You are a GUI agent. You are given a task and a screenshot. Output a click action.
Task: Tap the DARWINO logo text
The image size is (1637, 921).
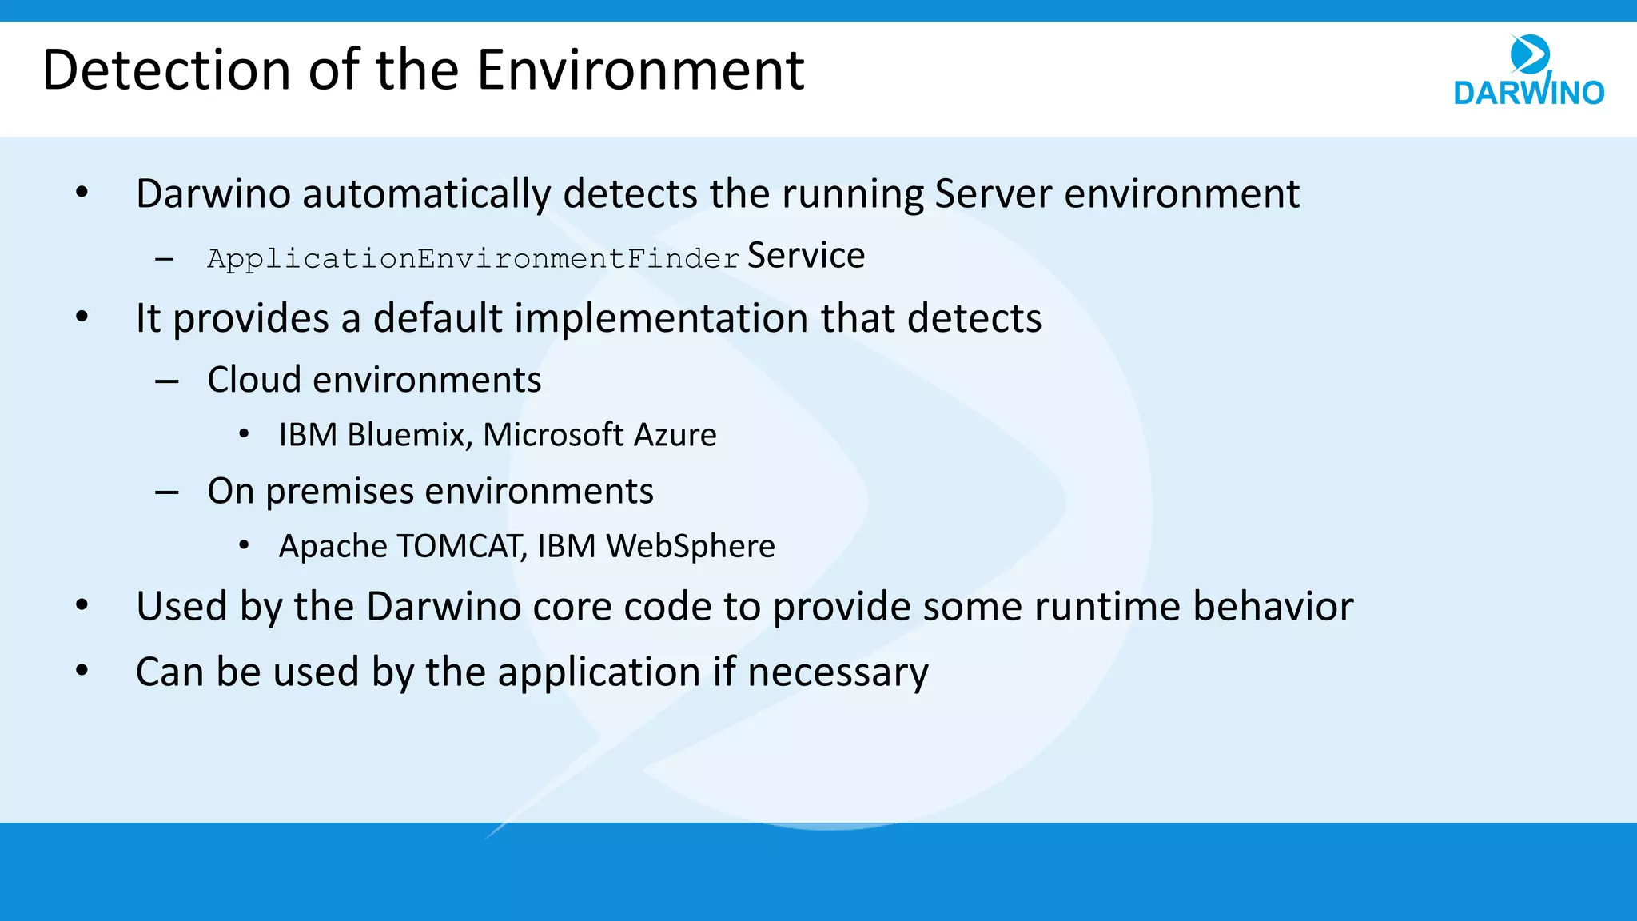pos(1528,93)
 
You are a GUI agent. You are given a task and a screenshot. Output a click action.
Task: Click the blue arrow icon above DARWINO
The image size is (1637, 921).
pos(1529,54)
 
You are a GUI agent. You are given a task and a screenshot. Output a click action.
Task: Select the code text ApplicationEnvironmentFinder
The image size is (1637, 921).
pos(473,259)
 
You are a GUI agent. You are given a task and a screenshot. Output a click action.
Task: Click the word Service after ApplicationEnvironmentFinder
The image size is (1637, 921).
pos(806,256)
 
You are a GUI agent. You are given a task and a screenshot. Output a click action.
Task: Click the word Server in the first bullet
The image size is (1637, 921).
pos(993,194)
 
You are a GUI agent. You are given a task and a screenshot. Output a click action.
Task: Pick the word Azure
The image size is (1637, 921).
pos(675,435)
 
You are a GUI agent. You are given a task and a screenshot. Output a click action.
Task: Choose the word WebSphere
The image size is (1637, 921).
pos(691,546)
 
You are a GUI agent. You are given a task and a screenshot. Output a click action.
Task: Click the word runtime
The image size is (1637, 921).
pos(1107,606)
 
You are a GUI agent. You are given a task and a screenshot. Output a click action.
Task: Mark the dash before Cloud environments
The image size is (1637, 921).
pos(166,381)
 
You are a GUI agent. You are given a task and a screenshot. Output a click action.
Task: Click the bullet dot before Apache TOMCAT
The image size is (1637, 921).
pos(244,545)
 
